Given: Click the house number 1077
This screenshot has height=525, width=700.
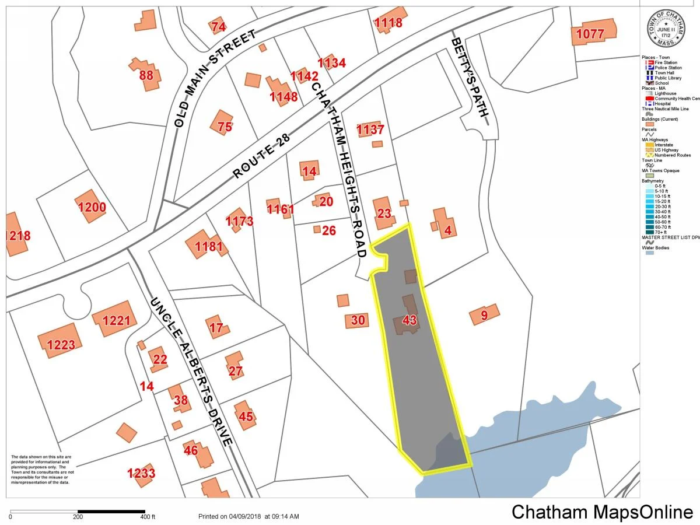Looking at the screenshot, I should [590, 34].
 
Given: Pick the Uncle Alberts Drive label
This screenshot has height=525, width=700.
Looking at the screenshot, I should [192, 373].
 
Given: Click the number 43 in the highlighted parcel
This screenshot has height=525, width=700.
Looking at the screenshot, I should [409, 320].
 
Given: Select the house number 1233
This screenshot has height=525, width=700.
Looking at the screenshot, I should [141, 473].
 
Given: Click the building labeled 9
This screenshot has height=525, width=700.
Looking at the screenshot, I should [484, 316].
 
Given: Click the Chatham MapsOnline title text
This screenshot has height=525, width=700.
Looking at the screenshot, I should [603, 512].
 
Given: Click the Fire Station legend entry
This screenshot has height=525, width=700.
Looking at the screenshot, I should [666, 62].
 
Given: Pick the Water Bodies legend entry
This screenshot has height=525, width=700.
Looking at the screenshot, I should [656, 248].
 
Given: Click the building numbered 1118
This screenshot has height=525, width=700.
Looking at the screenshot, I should [388, 23].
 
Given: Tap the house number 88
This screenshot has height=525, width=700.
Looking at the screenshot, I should [146, 76].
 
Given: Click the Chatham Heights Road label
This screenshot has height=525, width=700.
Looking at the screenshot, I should [344, 169].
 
